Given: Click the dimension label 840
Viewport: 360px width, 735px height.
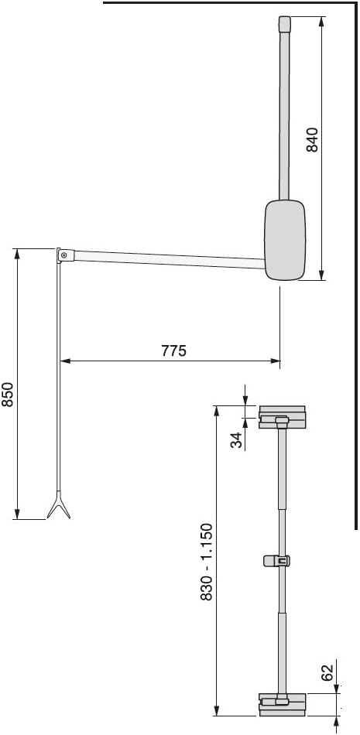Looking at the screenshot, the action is pyautogui.click(x=313, y=139).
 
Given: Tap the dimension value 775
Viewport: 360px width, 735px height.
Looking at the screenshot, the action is pyautogui.click(x=174, y=350).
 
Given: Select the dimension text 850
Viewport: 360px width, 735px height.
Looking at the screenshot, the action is pyautogui.click(x=8, y=395).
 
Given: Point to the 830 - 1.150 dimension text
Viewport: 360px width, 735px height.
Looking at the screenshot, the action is pyautogui.click(x=207, y=562).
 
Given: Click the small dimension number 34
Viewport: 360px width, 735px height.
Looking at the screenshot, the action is pyautogui.click(x=238, y=440).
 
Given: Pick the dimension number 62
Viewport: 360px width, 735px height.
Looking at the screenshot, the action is pyautogui.click(x=327, y=672).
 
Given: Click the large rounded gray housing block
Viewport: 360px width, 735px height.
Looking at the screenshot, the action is pyautogui.click(x=285, y=240).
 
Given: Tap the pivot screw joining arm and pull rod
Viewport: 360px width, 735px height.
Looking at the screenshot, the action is pyautogui.click(x=63, y=255).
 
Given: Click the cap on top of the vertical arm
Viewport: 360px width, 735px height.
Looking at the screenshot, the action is pyautogui.click(x=284, y=24).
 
